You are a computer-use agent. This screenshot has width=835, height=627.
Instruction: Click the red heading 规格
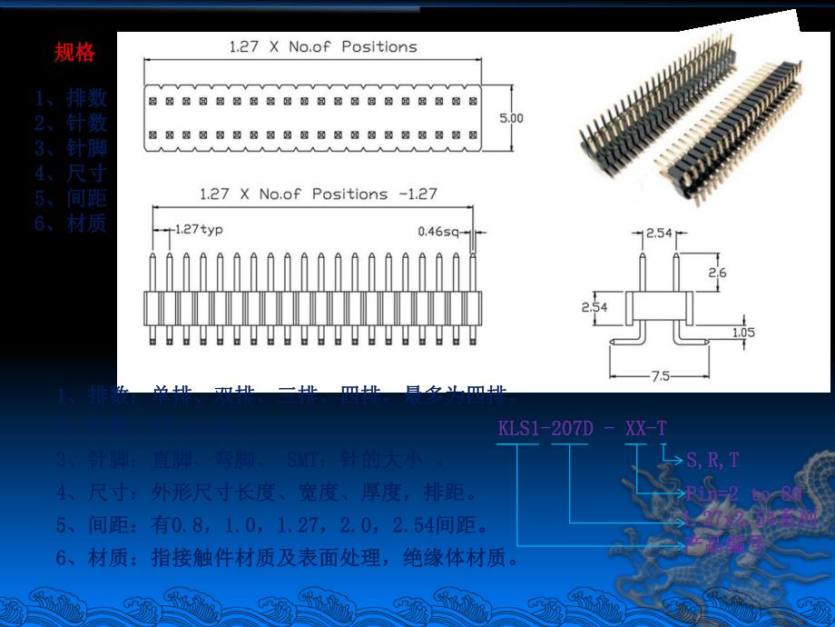(x=74, y=53)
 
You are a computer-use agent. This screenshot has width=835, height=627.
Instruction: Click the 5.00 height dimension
(x=512, y=118)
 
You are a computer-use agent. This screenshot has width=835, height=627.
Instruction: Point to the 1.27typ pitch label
(x=198, y=229)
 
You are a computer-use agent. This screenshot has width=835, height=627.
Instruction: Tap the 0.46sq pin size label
(x=437, y=231)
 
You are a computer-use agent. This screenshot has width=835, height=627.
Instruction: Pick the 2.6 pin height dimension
(x=716, y=273)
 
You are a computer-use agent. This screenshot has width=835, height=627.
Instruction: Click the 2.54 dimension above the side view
(x=659, y=234)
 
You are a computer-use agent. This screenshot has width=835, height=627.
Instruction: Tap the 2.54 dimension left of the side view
(x=594, y=307)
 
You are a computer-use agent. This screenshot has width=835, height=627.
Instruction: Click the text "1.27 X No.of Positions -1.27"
(x=319, y=194)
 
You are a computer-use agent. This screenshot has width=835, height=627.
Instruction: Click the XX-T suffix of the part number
(x=645, y=427)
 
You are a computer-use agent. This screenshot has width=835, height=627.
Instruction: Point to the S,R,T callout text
(x=712, y=461)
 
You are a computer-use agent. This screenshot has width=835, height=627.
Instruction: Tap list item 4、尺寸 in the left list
(x=71, y=174)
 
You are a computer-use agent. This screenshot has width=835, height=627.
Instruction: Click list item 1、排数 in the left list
(x=71, y=98)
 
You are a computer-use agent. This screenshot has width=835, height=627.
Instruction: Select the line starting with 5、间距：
(x=271, y=525)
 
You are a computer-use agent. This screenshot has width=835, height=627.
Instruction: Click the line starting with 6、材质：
(x=287, y=557)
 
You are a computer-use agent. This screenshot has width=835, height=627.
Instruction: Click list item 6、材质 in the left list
(x=71, y=224)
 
